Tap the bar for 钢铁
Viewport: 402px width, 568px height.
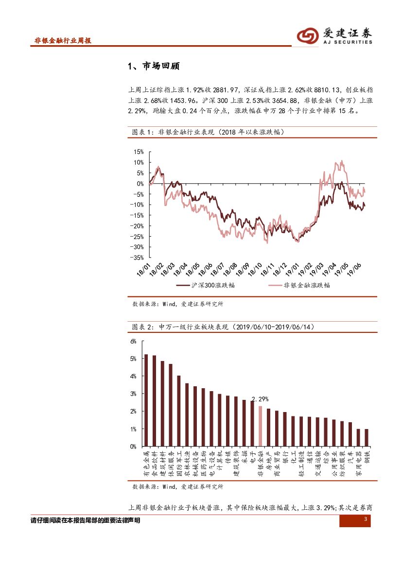[366, 437]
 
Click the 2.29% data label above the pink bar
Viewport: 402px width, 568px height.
[260, 399]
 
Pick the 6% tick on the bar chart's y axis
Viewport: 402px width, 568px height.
[133, 341]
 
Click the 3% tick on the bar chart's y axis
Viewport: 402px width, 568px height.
[133, 394]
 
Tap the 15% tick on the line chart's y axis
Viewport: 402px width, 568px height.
[139, 152]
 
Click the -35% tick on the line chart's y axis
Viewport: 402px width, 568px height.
[138, 258]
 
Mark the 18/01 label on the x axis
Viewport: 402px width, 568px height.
[144, 269]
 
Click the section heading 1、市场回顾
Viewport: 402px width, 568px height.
[153, 67]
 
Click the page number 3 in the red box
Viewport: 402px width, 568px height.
[365, 520]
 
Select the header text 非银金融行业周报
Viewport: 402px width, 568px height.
[63, 40]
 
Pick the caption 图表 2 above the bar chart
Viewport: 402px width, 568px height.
[143, 327]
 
